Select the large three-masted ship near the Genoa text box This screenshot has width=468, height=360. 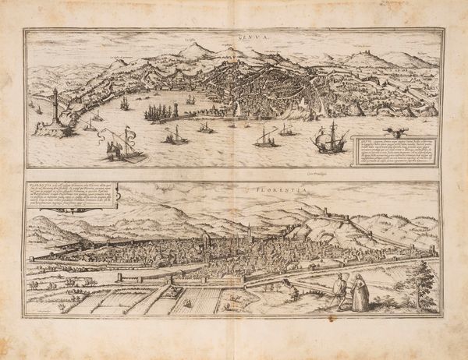(329, 138)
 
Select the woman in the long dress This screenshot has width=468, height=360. (360, 295)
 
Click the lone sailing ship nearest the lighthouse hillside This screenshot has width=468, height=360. (96, 116)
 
